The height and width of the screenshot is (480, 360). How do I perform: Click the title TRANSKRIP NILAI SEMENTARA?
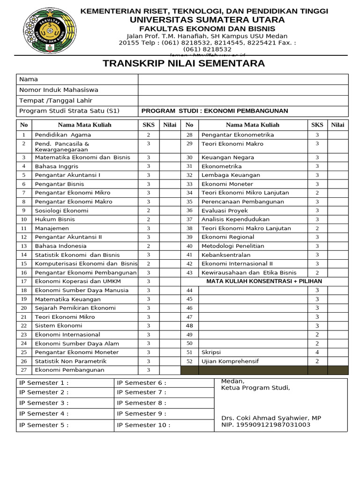point(184,63)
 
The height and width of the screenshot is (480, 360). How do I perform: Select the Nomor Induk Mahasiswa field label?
point(59,90)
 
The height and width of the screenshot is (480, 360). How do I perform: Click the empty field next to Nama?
point(243,79)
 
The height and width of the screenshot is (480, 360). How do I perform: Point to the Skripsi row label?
point(211,352)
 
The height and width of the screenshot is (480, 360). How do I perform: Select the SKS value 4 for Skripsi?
point(317,352)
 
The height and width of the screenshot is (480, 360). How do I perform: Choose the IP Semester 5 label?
point(44,425)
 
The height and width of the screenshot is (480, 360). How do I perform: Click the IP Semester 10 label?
point(143,425)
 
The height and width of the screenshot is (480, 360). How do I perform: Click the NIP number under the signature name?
point(266,425)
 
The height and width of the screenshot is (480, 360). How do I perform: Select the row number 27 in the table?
point(24,370)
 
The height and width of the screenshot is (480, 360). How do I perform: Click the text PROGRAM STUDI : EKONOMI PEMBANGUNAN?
point(215,111)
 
